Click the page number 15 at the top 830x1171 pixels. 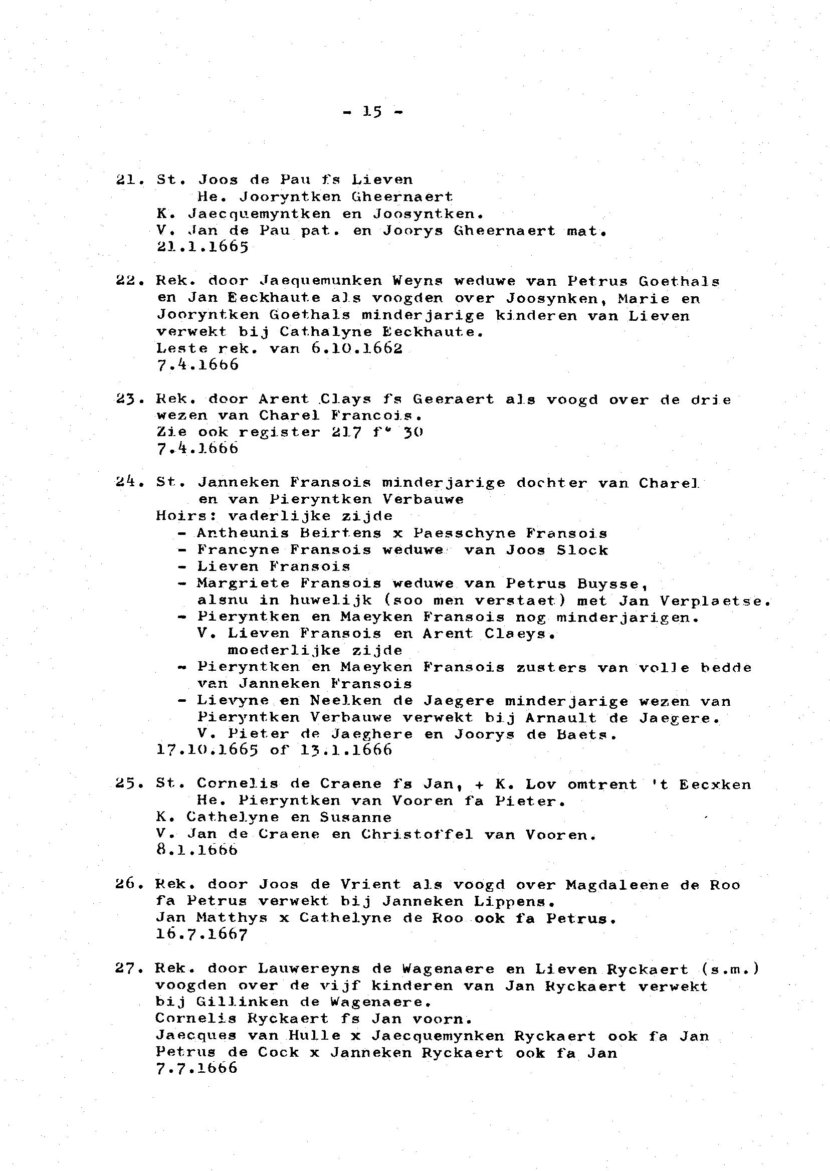(x=372, y=111)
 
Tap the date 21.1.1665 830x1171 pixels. (x=202, y=248)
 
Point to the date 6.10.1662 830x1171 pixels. (x=356, y=348)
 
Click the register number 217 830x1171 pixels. (x=346, y=432)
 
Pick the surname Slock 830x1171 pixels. (x=582, y=550)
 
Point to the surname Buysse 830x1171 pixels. (x=613, y=583)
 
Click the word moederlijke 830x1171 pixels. (x=284, y=650)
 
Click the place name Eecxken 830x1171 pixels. (x=715, y=785)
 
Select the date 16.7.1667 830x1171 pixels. (x=202, y=934)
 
